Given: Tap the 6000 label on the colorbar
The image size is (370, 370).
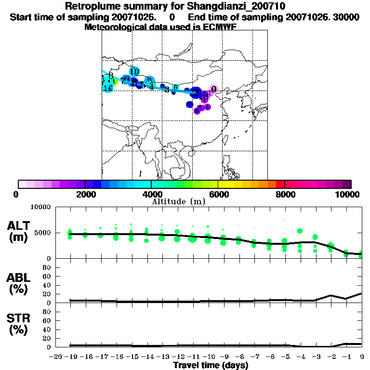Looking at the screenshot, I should (x=218, y=194).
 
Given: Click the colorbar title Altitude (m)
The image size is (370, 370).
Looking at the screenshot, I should (x=179, y=201).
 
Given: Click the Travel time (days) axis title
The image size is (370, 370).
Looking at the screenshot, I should (x=211, y=365).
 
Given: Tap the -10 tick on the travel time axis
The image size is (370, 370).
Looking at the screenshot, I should (x=210, y=357).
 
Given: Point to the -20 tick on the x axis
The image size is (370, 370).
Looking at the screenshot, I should (x=56, y=357).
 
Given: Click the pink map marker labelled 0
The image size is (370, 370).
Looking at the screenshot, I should (x=213, y=89).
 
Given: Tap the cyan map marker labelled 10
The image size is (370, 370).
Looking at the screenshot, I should (x=134, y=71).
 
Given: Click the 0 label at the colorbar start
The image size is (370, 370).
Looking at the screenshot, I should (x=18, y=194).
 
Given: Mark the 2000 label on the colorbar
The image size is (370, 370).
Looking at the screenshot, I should (x=85, y=194).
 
